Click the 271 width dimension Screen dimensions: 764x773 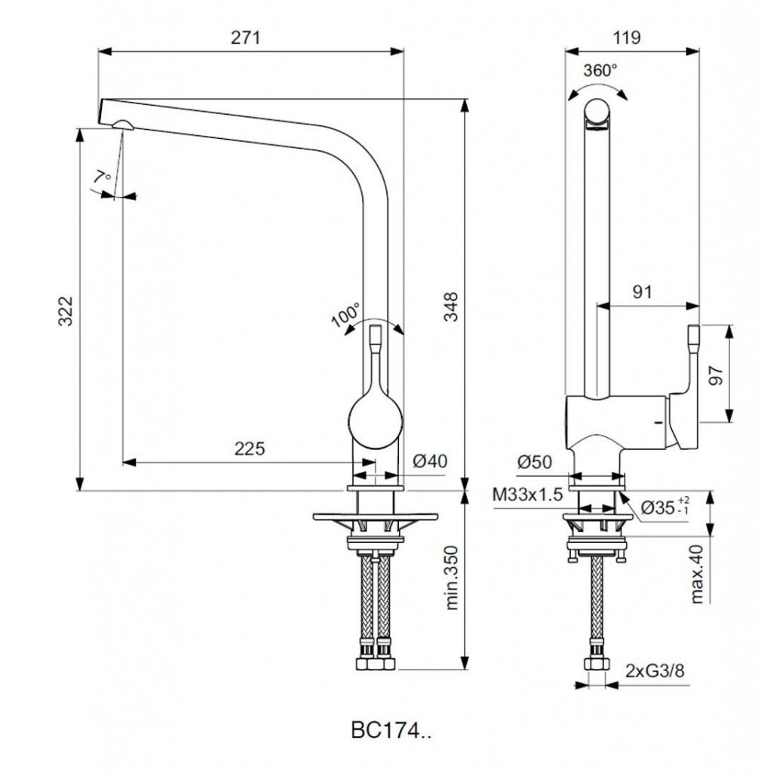tap(245, 38)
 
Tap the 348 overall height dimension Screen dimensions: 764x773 tap(451, 306)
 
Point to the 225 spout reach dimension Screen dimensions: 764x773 tap(249, 448)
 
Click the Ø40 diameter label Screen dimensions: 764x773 tap(430, 461)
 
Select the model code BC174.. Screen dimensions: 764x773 tap(391, 731)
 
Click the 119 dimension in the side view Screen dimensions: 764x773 tap(627, 38)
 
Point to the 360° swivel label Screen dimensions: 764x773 tap(600, 70)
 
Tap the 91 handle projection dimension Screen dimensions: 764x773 tap(642, 292)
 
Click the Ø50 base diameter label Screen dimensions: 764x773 tap(535, 462)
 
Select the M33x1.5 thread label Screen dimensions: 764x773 tap(527, 494)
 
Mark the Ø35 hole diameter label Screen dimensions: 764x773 tap(665, 507)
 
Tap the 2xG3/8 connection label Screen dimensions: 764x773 tap(655, 670)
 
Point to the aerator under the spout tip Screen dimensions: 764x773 tap(123, 125)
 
